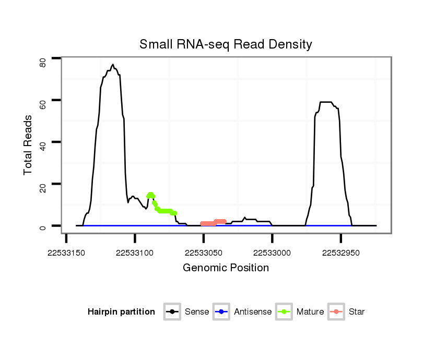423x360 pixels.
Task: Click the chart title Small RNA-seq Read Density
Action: click(x=226, y=44)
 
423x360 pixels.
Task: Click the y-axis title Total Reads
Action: click(x=28, y=145)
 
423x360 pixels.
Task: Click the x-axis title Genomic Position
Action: click(x=226, y=268)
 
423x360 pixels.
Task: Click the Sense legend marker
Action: click(x=172, y=312)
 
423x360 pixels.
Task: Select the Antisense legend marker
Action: click(x=221, y=312)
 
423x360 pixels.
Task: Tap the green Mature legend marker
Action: click(x=284, y=312)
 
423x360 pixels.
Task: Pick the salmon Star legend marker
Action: click(x=336, y=312)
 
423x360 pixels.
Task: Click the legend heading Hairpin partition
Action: click(x=121, y=312)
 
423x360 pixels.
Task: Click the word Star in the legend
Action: click(x=357, y=312)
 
